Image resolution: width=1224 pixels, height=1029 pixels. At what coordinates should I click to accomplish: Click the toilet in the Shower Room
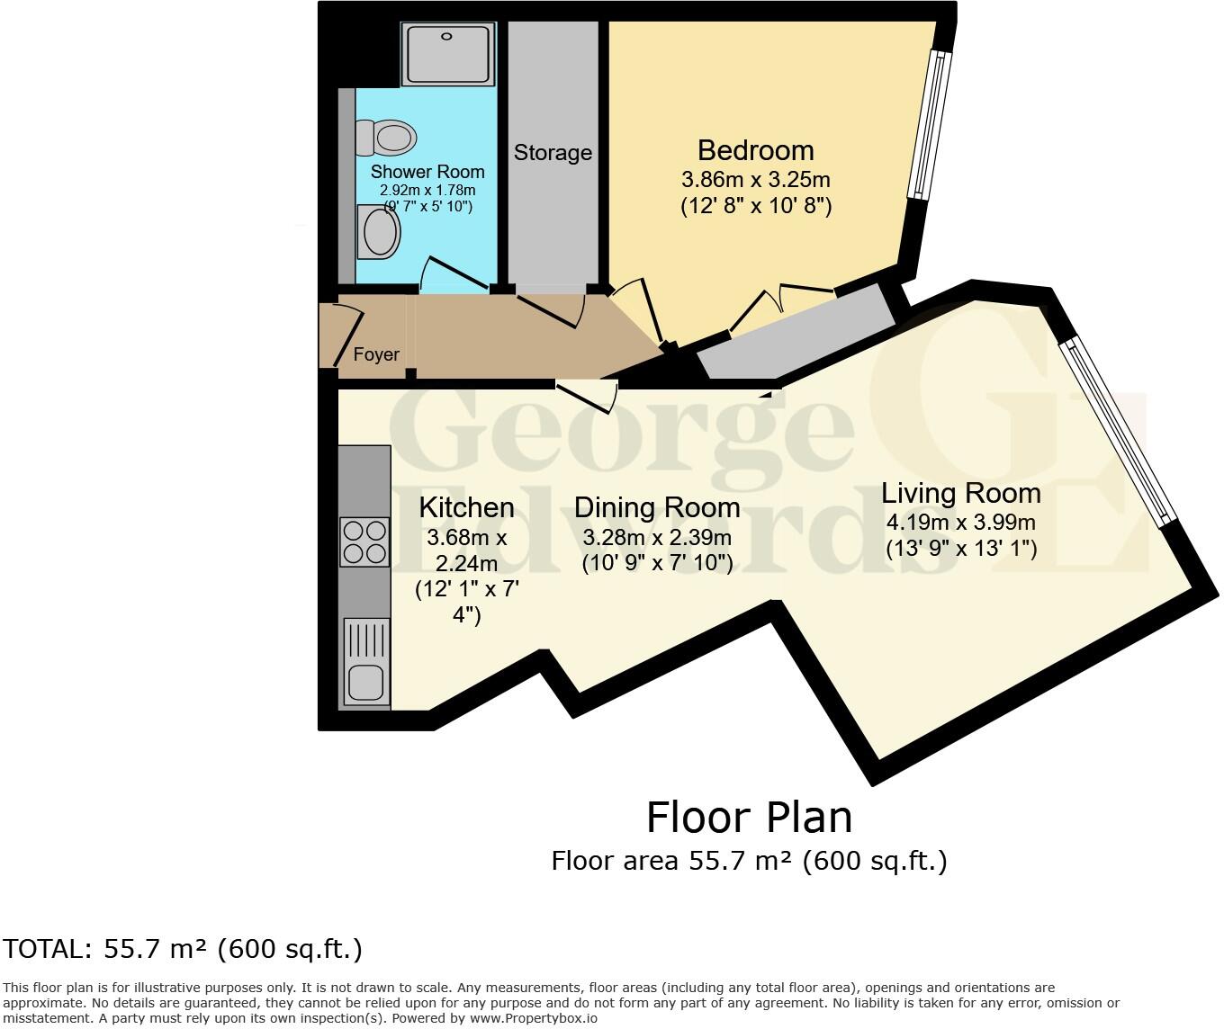[x=386, y=138]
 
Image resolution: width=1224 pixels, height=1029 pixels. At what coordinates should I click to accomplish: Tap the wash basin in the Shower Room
[x=379, y=231]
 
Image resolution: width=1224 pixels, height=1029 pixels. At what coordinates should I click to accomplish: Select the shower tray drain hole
[x=446, y=36]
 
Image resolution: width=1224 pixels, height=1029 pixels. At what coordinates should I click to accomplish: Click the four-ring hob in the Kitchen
[x=364, y=542]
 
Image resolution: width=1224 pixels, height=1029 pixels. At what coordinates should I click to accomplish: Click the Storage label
[x=553, y=152]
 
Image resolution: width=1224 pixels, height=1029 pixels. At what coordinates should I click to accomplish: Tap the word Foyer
[x=376, y=354]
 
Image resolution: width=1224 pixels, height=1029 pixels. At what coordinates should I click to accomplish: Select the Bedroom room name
[x=756, y=150]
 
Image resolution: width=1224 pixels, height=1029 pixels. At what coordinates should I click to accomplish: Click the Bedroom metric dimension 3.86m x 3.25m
[x=756, y=179]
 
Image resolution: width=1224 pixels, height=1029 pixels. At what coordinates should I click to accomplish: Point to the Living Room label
[x=961, y=494]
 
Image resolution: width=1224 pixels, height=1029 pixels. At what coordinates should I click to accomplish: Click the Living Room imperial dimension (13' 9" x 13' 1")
[x=961, y=549]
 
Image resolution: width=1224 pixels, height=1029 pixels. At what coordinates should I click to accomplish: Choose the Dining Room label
[x=657, y=507]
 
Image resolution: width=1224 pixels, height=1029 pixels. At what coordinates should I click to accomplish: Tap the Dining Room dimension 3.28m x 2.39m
[x=657, y=537]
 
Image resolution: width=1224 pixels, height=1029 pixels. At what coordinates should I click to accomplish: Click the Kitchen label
[x=466, y=507]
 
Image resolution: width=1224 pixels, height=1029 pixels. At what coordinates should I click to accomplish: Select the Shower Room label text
[x=427, y=172]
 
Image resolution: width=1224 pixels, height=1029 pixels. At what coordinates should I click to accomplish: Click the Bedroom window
[x=930, y=125]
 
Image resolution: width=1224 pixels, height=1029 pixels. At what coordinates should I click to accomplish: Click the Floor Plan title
[x=749, y=818]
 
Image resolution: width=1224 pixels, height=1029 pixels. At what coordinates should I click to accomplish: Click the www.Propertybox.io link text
[x=533, y=1018]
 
